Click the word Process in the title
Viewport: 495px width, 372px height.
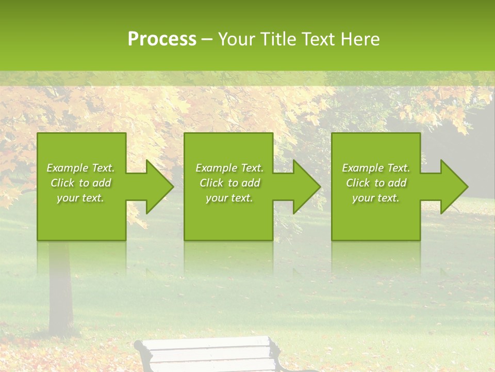[x=162, y=39]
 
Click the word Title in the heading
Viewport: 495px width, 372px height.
[x=278, y=39]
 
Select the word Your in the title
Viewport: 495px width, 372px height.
[x=237, y=39]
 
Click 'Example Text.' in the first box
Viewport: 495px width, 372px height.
[x=80, y=168]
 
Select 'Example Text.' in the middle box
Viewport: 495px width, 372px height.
[x=229, y=168]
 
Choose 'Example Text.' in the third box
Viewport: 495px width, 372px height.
[x=376, y=168]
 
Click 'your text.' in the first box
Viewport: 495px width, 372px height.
[x=80, y=198]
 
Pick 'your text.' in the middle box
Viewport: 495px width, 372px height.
[x=229, y=198]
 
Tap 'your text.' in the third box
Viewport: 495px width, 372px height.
[x=376, y=198]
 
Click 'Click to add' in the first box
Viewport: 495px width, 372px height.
[x=80, y=183]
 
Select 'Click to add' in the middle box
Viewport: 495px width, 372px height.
[x=229, y=183]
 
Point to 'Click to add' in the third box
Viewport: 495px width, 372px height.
[x=376, y=183]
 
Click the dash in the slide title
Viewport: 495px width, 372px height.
[x=207, y=40]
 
